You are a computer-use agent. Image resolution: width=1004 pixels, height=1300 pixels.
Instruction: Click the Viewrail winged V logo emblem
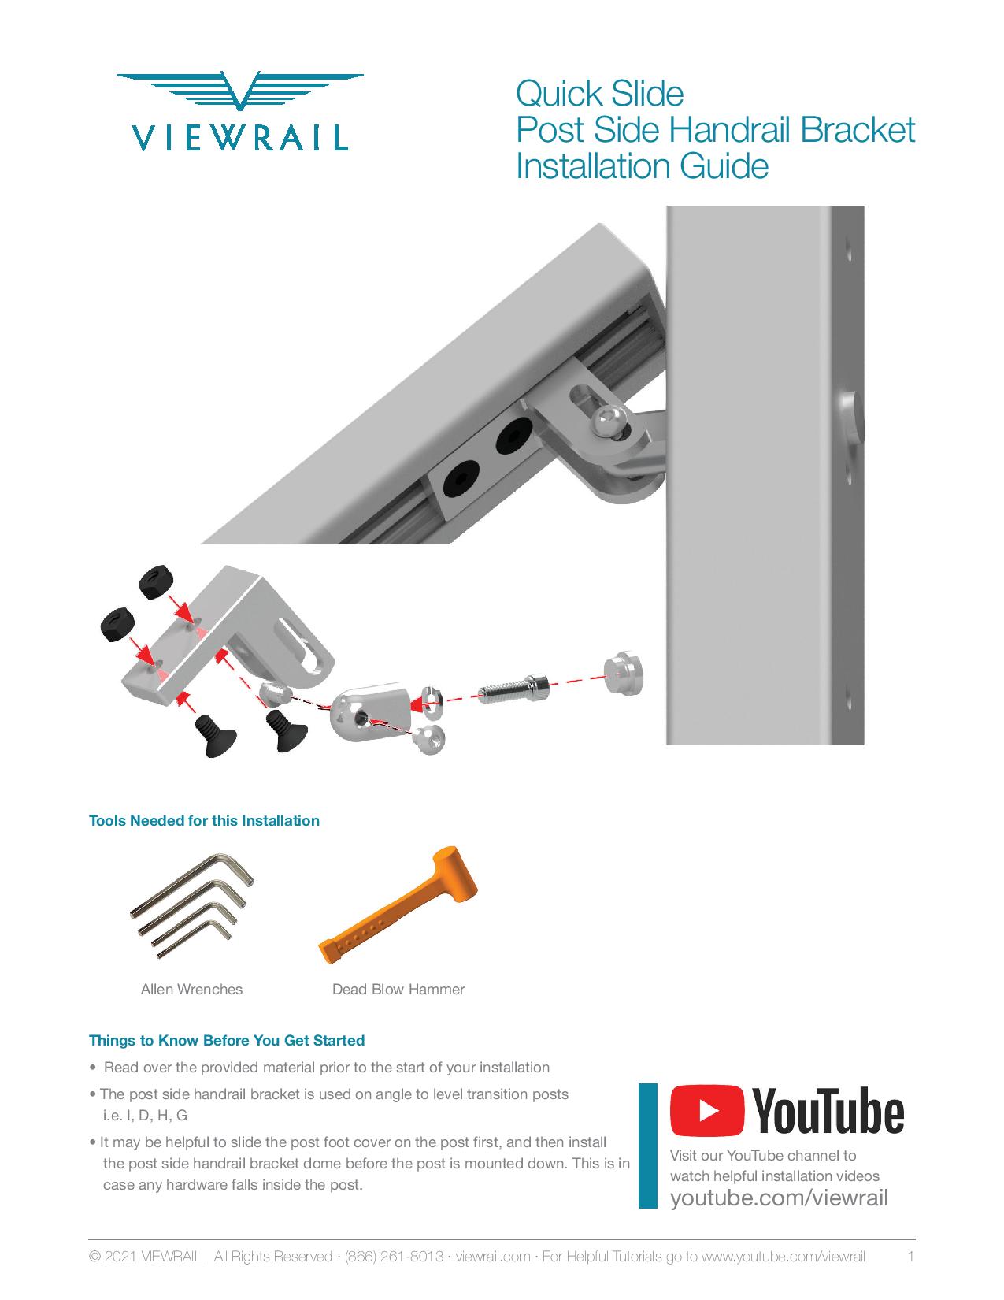[x=240, y=90]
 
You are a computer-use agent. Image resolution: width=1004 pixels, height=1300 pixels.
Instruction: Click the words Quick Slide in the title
[x=599, y=94]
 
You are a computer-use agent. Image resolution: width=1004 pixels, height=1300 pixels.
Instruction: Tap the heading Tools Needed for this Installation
[x=204, y=820]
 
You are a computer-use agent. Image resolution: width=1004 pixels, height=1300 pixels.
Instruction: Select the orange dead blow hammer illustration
[x=398, y=904]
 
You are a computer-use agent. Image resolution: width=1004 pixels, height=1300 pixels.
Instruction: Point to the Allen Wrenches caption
[x=191, y=989]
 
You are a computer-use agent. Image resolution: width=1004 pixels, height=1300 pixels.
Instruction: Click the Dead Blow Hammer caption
[x=398, y=989]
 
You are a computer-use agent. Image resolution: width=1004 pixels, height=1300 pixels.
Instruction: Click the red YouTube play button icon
[x=707, y=1110]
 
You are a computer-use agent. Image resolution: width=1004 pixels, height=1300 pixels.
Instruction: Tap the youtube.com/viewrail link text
[x=779, y=1198]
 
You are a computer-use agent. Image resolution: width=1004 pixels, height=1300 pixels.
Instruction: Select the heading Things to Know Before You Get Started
[x=227, y=1040]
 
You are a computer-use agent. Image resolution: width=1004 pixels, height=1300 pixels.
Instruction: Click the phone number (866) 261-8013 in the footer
[x=394, y=1257]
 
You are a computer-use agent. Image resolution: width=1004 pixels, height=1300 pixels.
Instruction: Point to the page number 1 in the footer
[x=911, y=1257]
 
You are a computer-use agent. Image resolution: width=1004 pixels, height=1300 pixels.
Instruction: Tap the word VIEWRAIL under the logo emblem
[x=240, y=138]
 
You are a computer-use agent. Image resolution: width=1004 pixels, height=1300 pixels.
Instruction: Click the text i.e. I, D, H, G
[x=146, y=1115]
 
